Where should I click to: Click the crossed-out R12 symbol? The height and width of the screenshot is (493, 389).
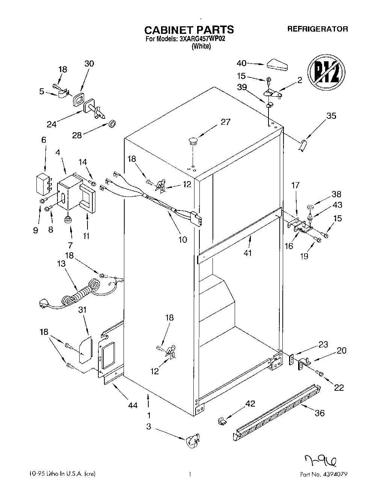pyautogui.click(x=326, y=73)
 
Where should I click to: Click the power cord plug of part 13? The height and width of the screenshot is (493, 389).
pyautogui.click(x=45, y=303)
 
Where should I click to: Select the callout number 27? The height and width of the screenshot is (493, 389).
pyautogui.click(x=225, y=122)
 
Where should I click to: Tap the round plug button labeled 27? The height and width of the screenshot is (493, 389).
pyautogui.click(x=193, y=141)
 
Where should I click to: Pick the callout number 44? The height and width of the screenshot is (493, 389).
pyautogui.click(x=133, y=405)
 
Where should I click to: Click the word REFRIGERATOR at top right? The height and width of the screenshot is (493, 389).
pyautogui.click(x=317, y=29)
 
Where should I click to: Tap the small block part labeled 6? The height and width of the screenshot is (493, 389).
pyautogui.click(x=43, y=183)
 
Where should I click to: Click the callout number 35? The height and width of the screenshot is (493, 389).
pyautogui.click(x=331, y=116)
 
